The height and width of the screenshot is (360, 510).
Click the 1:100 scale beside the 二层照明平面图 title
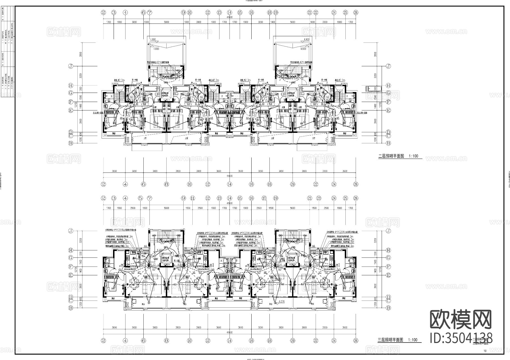(x=413, y=156)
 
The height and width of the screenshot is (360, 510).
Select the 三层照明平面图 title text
(x=390, y=340)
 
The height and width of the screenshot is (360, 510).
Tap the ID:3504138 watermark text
(x=461, y=338)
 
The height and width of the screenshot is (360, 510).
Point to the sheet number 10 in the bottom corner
(x=485, y=351)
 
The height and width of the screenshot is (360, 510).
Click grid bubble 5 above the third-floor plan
(x=141, y=198)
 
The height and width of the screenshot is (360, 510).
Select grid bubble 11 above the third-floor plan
(x=193, y=198)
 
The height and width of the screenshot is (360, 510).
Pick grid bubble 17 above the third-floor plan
(x=264, y=198)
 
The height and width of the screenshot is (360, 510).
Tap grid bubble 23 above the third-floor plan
(x=319, y=198)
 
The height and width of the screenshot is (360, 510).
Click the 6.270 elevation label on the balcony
(x=282, y=302)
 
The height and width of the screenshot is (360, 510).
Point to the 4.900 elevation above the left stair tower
(x=153, y=39)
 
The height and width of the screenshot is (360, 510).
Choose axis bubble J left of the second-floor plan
(x=71, y=66)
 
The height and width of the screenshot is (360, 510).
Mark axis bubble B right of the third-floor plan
(x=388, y=308)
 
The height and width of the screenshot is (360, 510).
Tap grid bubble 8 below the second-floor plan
(x=167, y=184)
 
